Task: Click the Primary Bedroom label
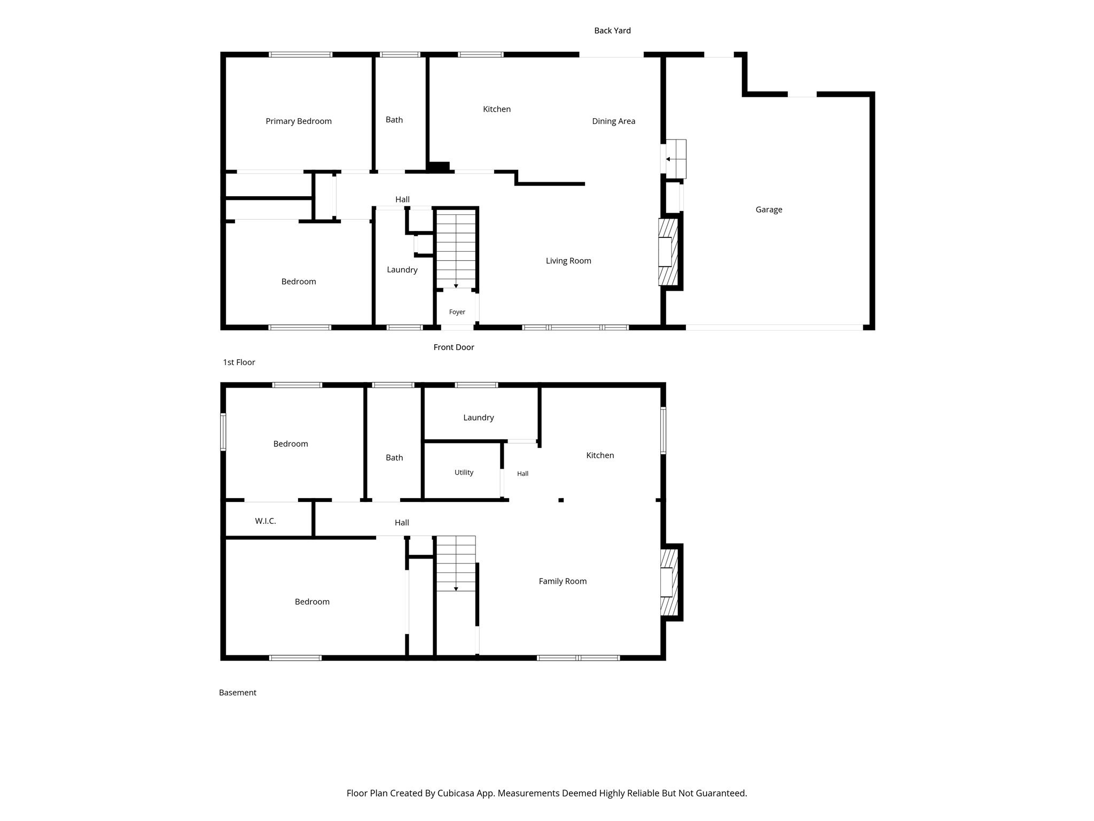299,121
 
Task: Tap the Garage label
769,210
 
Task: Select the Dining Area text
614,121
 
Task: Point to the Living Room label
568,261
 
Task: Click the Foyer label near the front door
457,312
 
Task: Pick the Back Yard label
613,30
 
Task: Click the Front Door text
454,347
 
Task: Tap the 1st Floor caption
239,362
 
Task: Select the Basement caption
238,693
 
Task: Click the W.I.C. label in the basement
265,521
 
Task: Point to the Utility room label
464,473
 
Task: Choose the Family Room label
562,582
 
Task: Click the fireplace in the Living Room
668,252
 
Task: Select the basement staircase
456,563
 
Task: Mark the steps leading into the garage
676,159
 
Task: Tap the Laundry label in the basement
479,417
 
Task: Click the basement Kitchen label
600,455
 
